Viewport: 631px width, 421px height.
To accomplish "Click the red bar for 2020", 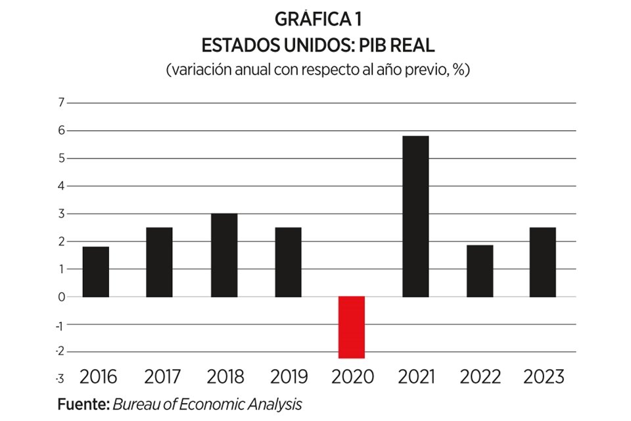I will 351,327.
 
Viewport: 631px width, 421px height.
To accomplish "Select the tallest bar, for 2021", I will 415,216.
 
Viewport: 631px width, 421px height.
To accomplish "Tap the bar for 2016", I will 96,272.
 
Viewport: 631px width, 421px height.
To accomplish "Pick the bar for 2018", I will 224,255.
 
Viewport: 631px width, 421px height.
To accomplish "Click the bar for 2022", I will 479,271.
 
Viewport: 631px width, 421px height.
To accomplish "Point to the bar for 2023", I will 542,262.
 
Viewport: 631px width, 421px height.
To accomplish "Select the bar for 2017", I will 160,262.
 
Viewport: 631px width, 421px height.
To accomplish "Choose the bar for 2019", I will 288,262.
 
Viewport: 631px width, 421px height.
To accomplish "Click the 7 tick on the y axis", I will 61,103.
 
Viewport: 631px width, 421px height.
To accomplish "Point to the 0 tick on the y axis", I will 61,297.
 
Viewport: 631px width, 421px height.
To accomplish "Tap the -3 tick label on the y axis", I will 60,379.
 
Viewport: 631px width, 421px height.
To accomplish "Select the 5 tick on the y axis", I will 61,158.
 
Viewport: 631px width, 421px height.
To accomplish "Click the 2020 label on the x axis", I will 353,377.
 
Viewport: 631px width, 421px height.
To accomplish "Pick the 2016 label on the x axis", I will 98,377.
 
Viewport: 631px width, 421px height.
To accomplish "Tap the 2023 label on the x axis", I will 544,377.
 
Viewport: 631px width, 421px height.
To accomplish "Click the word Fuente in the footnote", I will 83,403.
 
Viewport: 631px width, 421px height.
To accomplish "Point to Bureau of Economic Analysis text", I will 207,403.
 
